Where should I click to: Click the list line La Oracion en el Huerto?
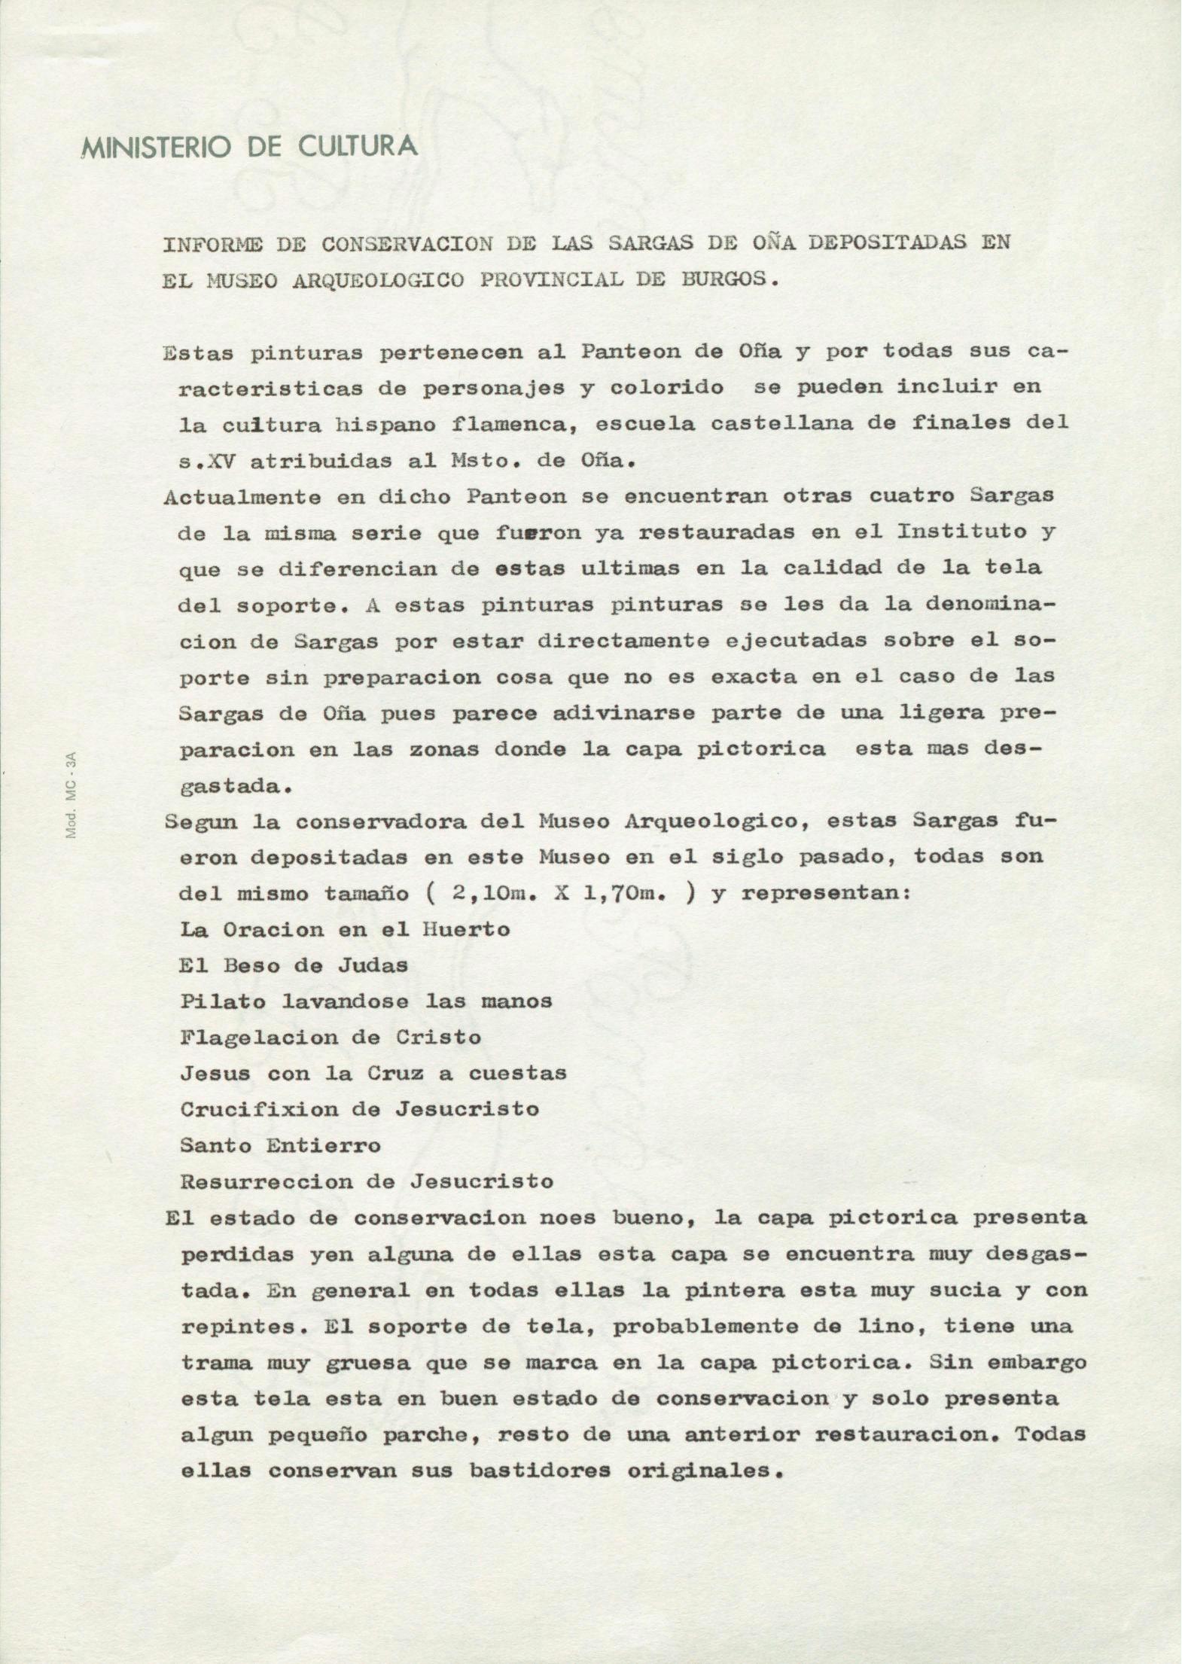(345, 929)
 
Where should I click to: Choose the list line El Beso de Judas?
(294, 965)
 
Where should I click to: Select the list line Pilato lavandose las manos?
(366, 1001)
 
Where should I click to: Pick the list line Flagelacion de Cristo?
(331, 1038)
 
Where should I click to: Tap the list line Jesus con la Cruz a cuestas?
(373, 1073)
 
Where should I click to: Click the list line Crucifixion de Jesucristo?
(359, 1109)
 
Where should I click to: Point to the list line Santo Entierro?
(280, 1145)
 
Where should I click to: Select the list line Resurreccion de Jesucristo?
(367, 1181)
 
